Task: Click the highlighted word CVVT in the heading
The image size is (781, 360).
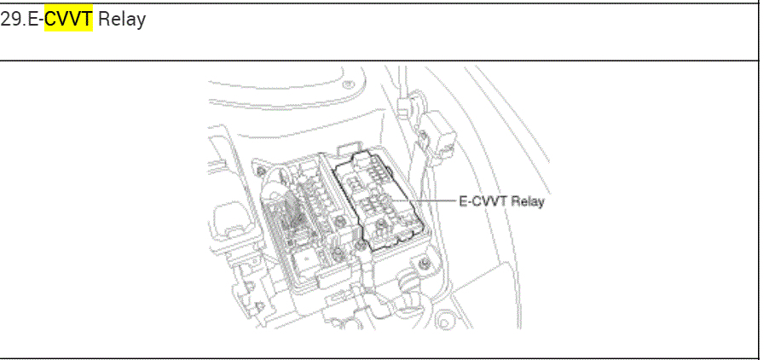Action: pyautogui.click(x=68, y=19)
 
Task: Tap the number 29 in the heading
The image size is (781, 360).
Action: pyautogui.click(x=9, y=19)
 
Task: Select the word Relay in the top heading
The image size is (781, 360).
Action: pyautogui.click(x=121, y=19)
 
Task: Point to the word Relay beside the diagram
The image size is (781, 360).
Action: pyautogui.click(x=529, y=201)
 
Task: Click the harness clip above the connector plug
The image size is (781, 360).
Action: pyautogui.click(x=408, y=103)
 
